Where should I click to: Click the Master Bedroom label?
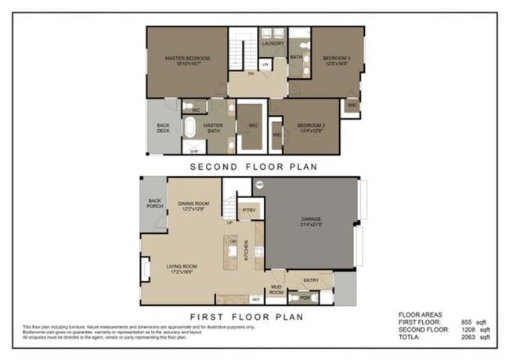[x=186, y=58]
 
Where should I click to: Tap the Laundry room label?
[x=273, y=44]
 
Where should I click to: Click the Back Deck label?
[x=163, y=128]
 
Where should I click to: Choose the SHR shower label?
[x=193, y=150]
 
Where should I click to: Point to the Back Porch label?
[x=154, y=203]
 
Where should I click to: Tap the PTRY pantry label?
[x=249, y=210]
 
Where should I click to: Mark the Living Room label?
[x=186, y=268]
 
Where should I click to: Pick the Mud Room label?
[x=276, y=289]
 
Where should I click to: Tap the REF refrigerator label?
[x=255, y=300]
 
